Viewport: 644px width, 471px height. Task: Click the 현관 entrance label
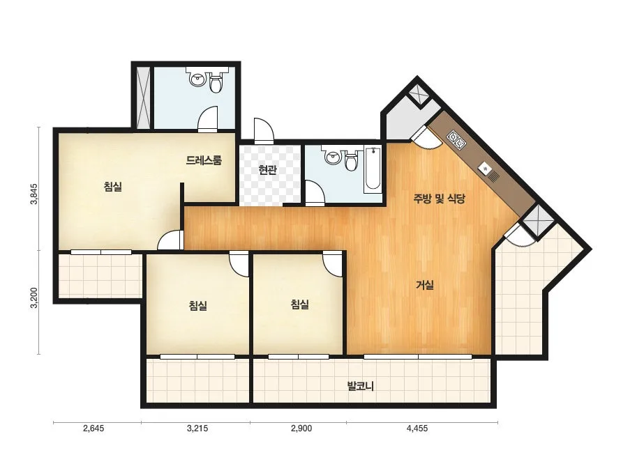coord(267,170)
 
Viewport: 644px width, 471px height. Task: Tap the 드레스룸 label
coord(204,160)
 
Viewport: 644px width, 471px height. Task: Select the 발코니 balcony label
coord(360,386)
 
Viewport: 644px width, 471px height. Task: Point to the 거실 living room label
coord(425,284)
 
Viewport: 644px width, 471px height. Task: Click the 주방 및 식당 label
coord(439,199)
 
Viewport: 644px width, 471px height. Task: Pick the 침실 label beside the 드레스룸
coord(113,187)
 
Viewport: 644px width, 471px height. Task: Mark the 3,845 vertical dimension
coord(35,194)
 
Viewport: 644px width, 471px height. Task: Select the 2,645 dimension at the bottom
coord(93,428)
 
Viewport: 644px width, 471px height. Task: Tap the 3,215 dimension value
coord(197,428)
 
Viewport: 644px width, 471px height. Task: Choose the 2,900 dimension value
coord(301,428)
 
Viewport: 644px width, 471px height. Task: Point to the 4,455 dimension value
coord(417,428)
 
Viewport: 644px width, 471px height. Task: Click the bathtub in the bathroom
coord(373,169)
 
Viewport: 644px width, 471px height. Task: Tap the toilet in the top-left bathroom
coord(216,82)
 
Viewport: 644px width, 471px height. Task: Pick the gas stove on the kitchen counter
coord(457,139)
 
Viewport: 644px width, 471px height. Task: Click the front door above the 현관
coord(264,130)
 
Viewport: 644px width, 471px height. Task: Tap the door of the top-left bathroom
coord(207,118)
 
